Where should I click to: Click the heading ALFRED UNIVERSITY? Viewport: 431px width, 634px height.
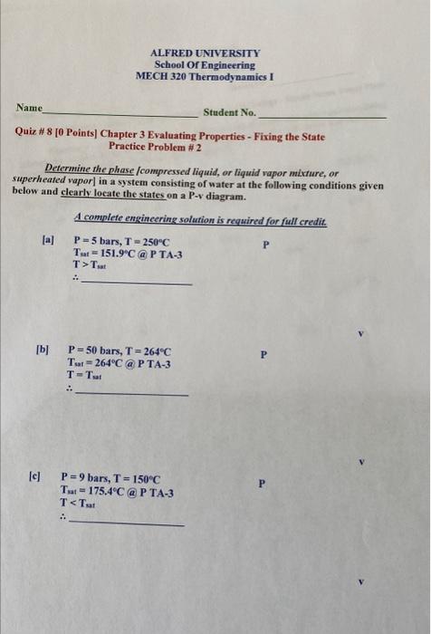pos(205,53)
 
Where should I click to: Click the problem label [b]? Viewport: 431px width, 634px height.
pos(42,351)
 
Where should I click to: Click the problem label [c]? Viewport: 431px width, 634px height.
pos(35,475)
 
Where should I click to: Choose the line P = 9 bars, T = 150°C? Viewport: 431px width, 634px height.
pos(110,477)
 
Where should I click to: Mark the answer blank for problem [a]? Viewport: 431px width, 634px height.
pos(136,283)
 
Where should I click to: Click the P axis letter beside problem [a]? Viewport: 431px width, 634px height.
pos(265,245)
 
